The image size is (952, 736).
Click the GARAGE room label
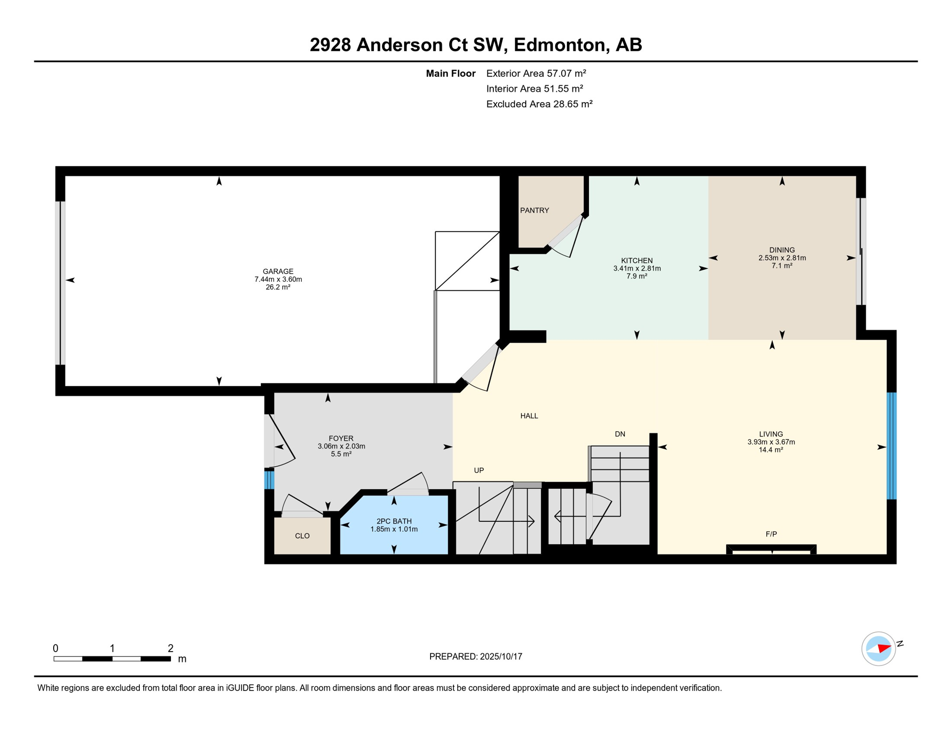pyautogui.click(x=278, y=271)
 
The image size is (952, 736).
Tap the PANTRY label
pyautogui.click(x=534, y=210)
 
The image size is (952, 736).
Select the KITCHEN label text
pyautogui.click(x=637, y=261)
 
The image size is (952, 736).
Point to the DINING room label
pyautogui.click(x=782, y=250)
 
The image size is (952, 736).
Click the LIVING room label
pyautogui.click(x=771, y=434)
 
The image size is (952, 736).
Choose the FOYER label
pyautogui.click(x=341, y=438)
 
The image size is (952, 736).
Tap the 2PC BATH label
pyautogui.click(x=394, y=521)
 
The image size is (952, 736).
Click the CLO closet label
pyautogui.click(x=302, y=536)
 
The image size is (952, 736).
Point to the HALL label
pyautogui.click(x=529, y=416)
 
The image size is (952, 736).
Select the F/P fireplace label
pyautogui.click(x=771, y=534)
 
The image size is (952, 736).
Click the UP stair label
pyautogui.click(x=479, y=471)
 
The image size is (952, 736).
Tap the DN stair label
pyautogui.click(x=620, y=434)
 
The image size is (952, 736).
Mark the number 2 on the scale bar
pyautogui.click(x=170, y=648)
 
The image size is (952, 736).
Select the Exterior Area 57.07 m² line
pyautogui.click(x=536, y=73)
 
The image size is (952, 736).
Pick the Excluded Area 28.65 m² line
pyautogui.click(x=540, y=104)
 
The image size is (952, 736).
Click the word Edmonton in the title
pyautogui.click(x=561, y=45)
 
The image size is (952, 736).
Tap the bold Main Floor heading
pyautogui.click(x=451, y=73)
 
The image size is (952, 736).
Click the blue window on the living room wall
pyautogui.click(x=892, y=446)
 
